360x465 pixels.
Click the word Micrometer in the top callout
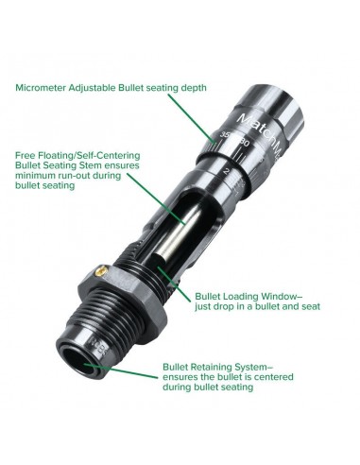point(40,88)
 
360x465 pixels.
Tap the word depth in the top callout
point(194,88)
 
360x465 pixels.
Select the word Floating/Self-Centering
point(90,156)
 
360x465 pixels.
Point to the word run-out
point(105,176)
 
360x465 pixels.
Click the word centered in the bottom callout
point(273,377)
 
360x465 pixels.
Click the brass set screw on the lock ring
point(100,270)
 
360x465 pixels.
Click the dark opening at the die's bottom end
point(77,360)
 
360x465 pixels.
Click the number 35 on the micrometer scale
point(225,135)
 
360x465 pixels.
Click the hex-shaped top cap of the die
point(272,108)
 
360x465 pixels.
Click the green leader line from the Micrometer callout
point(191,119)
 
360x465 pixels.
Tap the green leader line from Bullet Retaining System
point(121,370)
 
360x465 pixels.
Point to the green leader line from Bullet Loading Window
point(174,284)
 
